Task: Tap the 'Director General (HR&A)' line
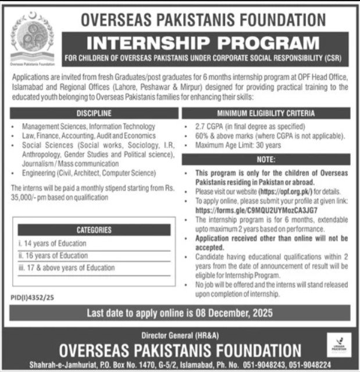(x=180, y=336)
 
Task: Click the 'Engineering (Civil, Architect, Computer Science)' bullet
(x=93, y=173)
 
